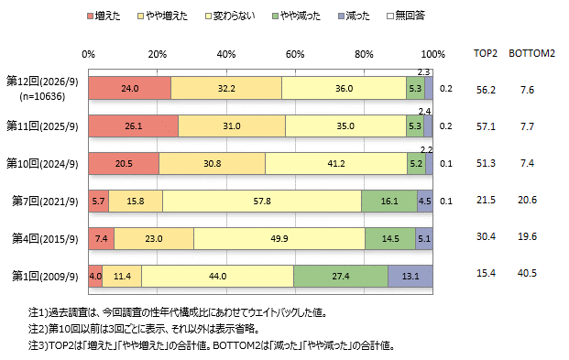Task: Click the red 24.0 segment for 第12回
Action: pyautogui.click(x=129, y=88)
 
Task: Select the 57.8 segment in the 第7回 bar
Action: pyautogui.click(x=262, y=201)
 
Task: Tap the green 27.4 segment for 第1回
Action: pyautogui.click(x=341, y=276)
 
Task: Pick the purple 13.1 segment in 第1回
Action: pyautogui.click(x=410, y=276)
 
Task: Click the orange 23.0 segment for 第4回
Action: pyautogui.click(x=154, y=239)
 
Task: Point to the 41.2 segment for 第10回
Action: pyautogui.click(x=336, y=164)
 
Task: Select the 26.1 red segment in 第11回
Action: pyautogui.click(x=133, y=125)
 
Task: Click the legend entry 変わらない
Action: pyautogui.click(x=230, y=16)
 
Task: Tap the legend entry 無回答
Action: pyautogui.click(x=406, y=16)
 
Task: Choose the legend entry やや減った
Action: pyautogui.click(x=297, y=16)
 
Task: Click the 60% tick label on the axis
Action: pyautogui.click(x=295, y=54)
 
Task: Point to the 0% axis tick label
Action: pyautogui.click(x=88, y=54)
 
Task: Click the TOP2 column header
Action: pyautogui.click(x=486, y=53)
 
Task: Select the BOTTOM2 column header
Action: pyautogui.click(x=532, y=53)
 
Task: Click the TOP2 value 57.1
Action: pyautogui.click(x=486, y=126)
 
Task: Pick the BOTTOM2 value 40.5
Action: pyautogui.click(x=527, y=273)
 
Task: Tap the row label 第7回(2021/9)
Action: pyautogui.click(x=45, y=201)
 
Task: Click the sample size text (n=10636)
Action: pyautogui.click(x=42, y=96)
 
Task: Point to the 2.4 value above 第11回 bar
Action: pyautogui.click(x=424, y=111)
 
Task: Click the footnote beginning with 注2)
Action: pyautogui.click(x=144, y=329)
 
